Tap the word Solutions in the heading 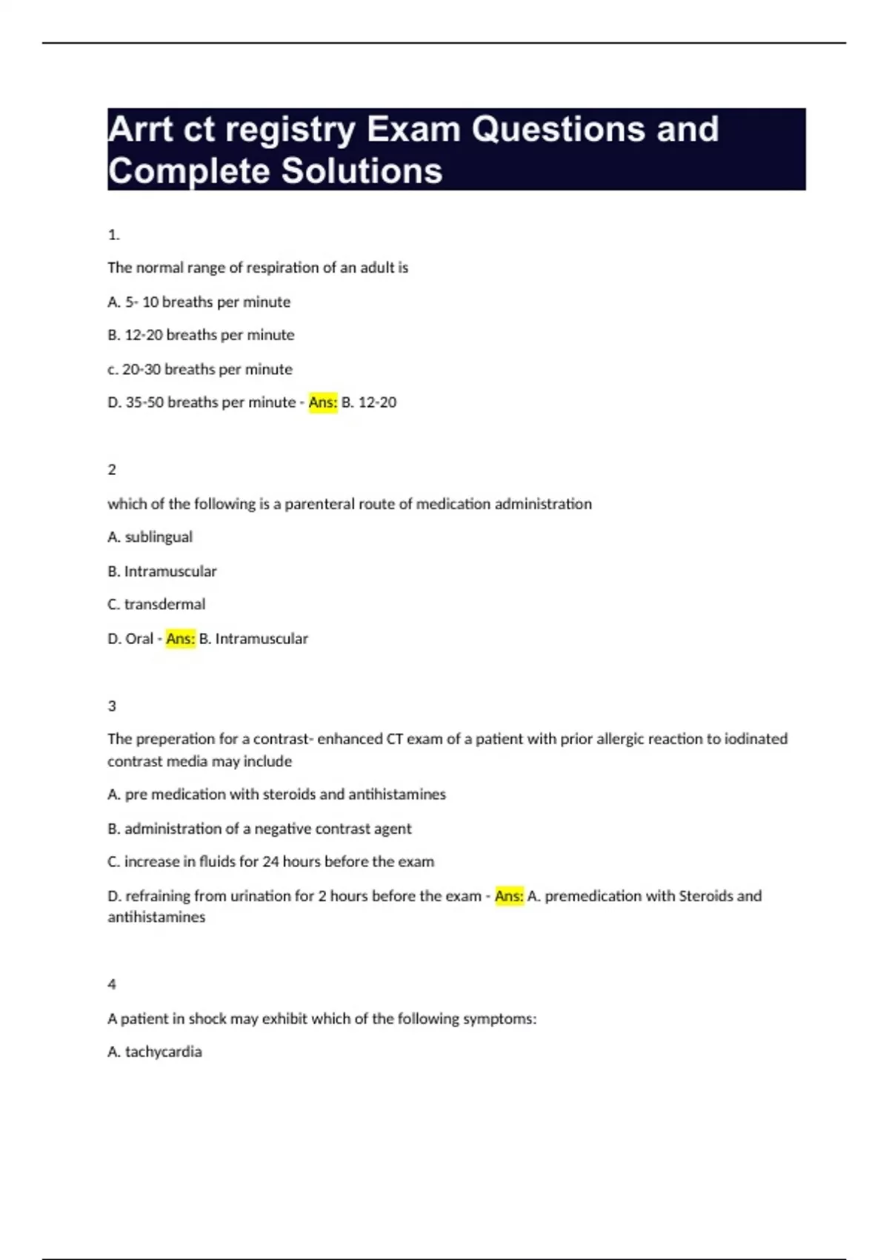[x=362, y=171]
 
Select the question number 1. [x=113, y=235]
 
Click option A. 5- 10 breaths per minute [x=199, y=302]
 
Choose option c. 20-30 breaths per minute [x=199, y=369]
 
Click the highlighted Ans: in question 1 [x=323, y=402]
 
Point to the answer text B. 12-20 [x=369, y=402]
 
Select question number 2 [x=112, y=470]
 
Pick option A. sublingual [x=150, y=537]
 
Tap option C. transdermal [x=156, y=604]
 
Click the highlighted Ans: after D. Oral [x=181, y=638]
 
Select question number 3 [x=112, y=706]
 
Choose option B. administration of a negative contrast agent [x=259, y=829]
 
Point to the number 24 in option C [x=270, y=861]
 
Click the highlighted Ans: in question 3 [x=509, y=896]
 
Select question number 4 [x=112, y=984]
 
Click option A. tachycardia [x=154, y=1052]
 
